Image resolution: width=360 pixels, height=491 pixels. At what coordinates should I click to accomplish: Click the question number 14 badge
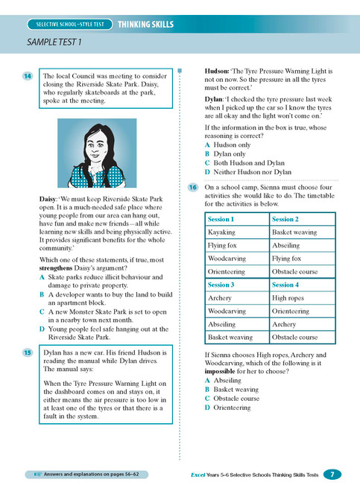27,76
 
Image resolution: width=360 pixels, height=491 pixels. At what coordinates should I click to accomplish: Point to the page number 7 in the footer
332,474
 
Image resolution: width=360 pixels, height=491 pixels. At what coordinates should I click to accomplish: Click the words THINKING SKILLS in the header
145,25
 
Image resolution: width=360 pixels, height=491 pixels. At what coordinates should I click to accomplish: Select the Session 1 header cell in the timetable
221,220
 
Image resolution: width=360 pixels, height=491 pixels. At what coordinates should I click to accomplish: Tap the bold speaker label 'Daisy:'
51,199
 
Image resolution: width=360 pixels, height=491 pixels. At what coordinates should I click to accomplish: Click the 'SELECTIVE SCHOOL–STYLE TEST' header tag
67,25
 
